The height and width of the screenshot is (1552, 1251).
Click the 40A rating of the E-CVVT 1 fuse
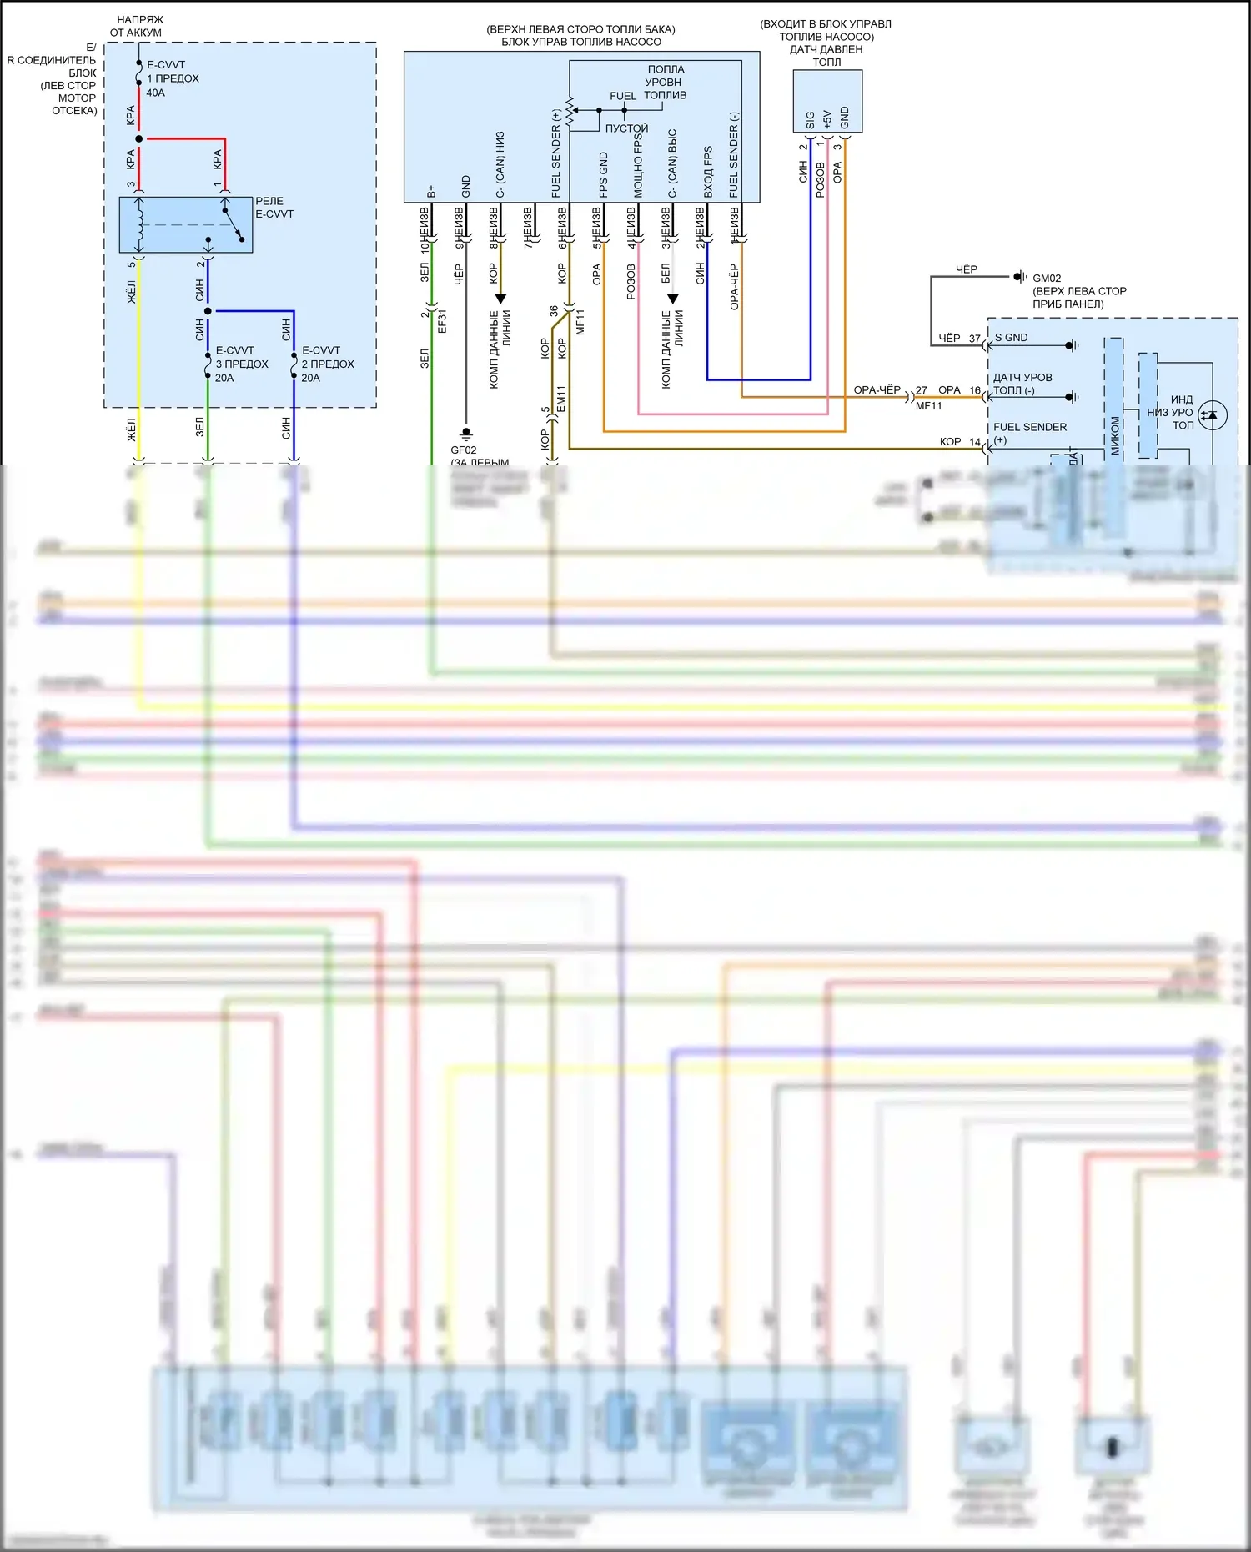(x=155, y=93)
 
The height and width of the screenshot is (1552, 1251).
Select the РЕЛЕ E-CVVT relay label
(x=274, y=208)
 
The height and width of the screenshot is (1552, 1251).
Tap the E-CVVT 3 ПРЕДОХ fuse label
(x=242, y=364)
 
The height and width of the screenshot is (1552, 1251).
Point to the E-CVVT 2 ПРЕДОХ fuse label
(x=328, y=364)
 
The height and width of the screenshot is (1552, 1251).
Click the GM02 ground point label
(x=1047, y=279)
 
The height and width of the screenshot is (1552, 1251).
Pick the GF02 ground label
(x=463, y=450)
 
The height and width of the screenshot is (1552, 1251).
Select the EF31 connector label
(x=442, y=321)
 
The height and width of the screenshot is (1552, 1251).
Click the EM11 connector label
(x=561, y=398)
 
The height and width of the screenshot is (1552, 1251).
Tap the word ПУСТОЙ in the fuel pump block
(x=626, y=128)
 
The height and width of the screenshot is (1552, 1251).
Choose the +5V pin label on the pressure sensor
(x=826, y=118)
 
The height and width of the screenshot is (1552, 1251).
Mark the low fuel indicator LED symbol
(x=1212, y=414)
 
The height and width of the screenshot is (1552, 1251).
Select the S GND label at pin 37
(x=1011, y=338)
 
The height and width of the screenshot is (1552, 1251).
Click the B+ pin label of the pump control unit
(x=431, y=191)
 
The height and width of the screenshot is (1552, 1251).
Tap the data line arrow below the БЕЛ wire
(x=672, y=299)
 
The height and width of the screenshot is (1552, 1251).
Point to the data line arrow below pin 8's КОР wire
(x=500, y=299)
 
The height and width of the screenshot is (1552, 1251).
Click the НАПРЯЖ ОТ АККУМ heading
(x=138, y=26)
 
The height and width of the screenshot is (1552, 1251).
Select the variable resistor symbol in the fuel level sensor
(x=570, y=112)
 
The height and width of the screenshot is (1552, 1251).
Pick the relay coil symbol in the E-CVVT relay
(x=139, y=224)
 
